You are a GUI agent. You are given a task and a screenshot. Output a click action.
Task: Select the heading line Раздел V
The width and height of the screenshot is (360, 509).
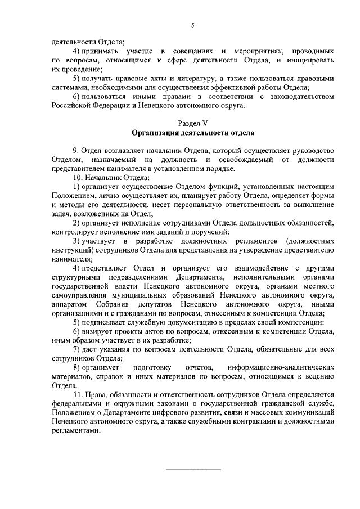pyautogui.click(x=193, y=123)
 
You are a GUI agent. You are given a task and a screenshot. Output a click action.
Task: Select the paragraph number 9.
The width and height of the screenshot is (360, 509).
pyautogui.click(x=76, y=151)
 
